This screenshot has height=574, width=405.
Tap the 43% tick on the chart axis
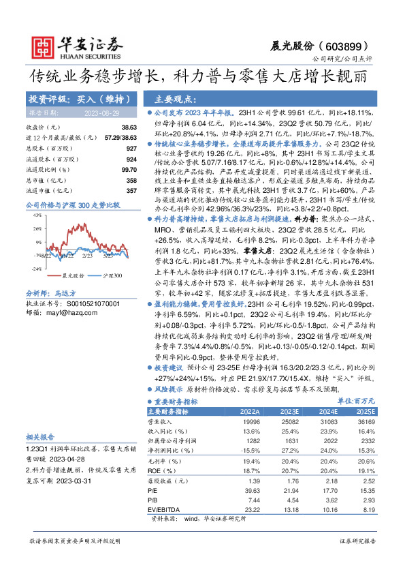(37, 215)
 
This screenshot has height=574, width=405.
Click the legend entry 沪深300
(112, 275)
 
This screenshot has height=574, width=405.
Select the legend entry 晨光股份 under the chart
(72, 275)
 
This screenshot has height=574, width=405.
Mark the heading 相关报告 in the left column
(37, 436)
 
